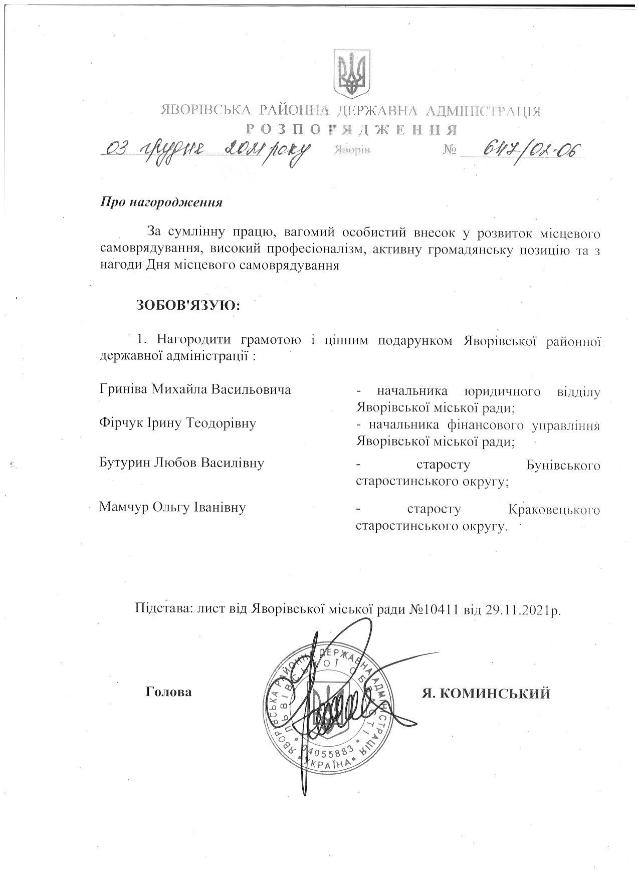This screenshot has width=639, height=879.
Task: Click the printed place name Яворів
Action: pyautogui.click(x=351, y=150)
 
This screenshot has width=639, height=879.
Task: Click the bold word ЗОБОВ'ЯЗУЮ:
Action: pyautogui.click(x=188, y=305)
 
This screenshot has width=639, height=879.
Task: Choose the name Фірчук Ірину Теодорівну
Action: pyautogui.click(x=178, y=423)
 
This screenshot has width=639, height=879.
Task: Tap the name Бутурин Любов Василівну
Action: pyautogui.click(x=181, y=462)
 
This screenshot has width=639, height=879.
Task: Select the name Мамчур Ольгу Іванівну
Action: pyautogui.click(x=172, y=507)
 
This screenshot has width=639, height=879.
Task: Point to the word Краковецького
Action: pyautogui.click(x=553, y=510)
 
